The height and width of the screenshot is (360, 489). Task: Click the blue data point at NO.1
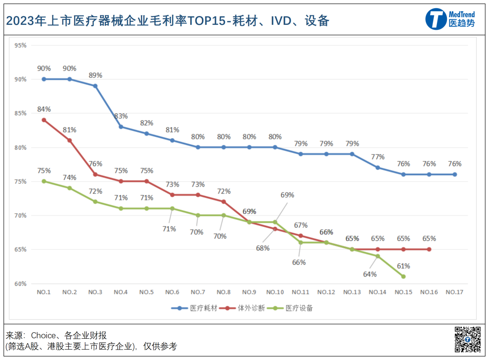click(x=44, y=79)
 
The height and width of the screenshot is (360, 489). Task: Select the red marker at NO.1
click(x=44, y=120)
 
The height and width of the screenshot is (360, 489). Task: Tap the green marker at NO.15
click(x=403, y=276)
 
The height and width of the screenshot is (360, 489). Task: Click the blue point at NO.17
click(x=455, y=174)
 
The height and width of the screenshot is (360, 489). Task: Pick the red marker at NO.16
click(x=429, y=249)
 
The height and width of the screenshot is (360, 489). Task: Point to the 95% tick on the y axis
click(x=20, y=45)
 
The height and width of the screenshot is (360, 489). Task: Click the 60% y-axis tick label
click(x=20, y=284)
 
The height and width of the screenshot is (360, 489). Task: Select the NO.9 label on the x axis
click(x=249, y=293)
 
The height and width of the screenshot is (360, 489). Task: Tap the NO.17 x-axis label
click(x=455, y=293)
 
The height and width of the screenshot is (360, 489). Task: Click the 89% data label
click(x=96, y=75)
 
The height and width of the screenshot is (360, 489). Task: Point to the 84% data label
click(x=44, y=109)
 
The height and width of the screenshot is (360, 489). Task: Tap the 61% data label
click(x=403, y=266)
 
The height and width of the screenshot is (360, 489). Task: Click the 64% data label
click(x=369, y=274)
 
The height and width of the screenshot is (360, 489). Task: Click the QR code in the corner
click(x=468, y=339)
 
